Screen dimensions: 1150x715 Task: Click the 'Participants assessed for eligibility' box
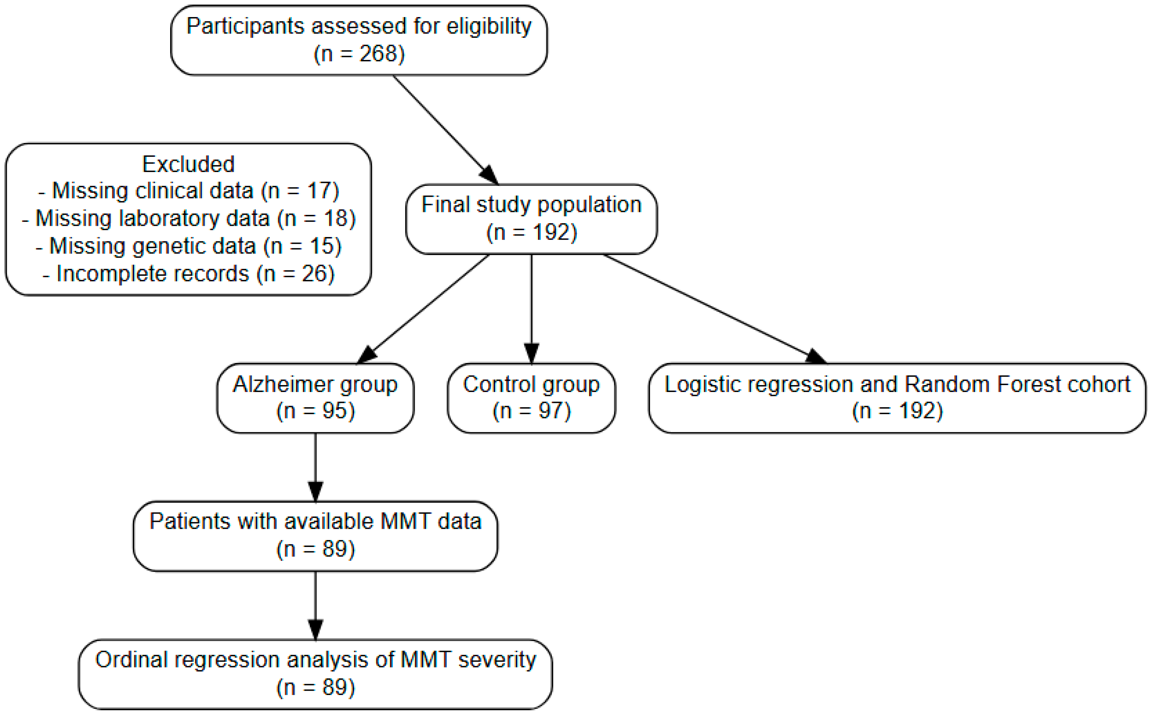359,40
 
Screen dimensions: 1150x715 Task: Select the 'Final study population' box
531,219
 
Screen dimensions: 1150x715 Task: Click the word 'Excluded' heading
188,164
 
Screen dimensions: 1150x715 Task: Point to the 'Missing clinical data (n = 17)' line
188,191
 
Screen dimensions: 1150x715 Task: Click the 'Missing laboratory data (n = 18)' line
188,218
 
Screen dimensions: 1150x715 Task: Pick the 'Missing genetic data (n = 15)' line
188,246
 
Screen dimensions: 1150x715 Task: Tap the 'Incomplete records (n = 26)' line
188,274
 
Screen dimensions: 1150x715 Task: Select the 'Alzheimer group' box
315,398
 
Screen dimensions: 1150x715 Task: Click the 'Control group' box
531,398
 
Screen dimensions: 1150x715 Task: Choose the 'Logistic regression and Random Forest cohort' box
897,398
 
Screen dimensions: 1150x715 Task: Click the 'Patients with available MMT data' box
315,536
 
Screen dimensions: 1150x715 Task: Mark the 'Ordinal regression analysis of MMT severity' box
315,674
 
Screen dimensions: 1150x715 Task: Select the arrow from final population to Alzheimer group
423,309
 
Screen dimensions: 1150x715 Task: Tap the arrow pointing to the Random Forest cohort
715,309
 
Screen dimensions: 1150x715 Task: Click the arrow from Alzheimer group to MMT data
315,467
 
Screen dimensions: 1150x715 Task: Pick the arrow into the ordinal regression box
315,606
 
